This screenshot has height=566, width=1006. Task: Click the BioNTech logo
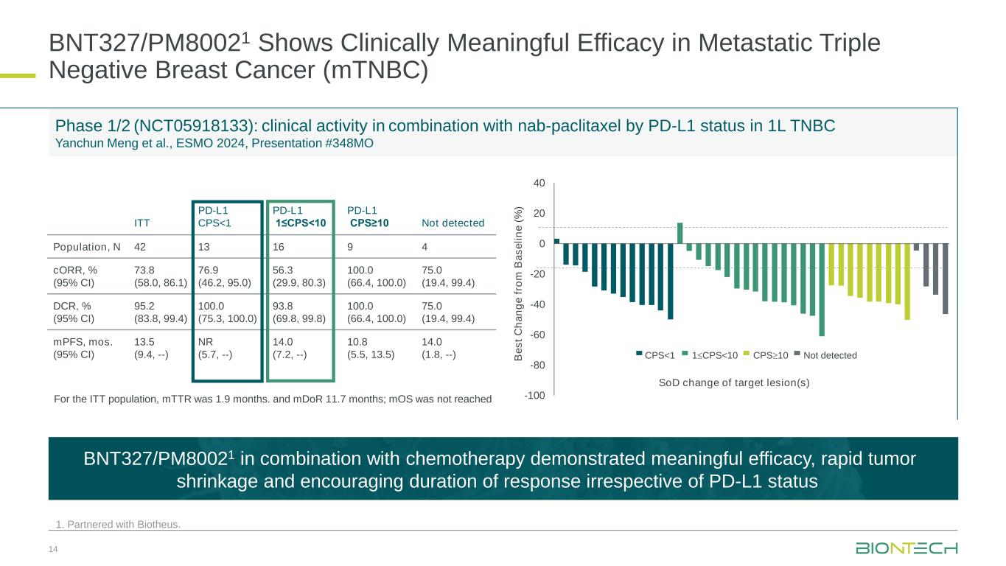tap(907, 548)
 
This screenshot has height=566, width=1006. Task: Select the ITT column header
tap(142, 223)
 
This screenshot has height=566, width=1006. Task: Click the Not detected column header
tap(453, 223)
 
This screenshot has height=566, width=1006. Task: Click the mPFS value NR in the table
tap(206, 342)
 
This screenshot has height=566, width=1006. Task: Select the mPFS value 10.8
tap(357, 342)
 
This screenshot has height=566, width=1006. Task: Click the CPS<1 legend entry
tap(657, 356)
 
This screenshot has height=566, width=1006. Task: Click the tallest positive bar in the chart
tap(680, 233)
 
